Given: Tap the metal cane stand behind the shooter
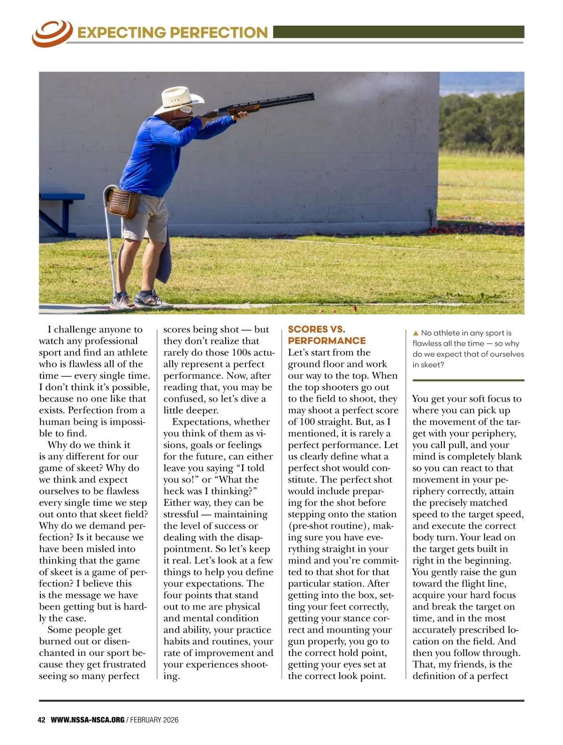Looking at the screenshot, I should coord(111,244).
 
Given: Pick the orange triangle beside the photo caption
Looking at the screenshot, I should coord(415,333).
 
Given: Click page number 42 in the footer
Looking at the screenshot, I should coord(41,720).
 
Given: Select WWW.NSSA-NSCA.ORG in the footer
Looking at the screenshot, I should coord(87,720).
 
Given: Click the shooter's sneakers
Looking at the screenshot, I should coord(141,299).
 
